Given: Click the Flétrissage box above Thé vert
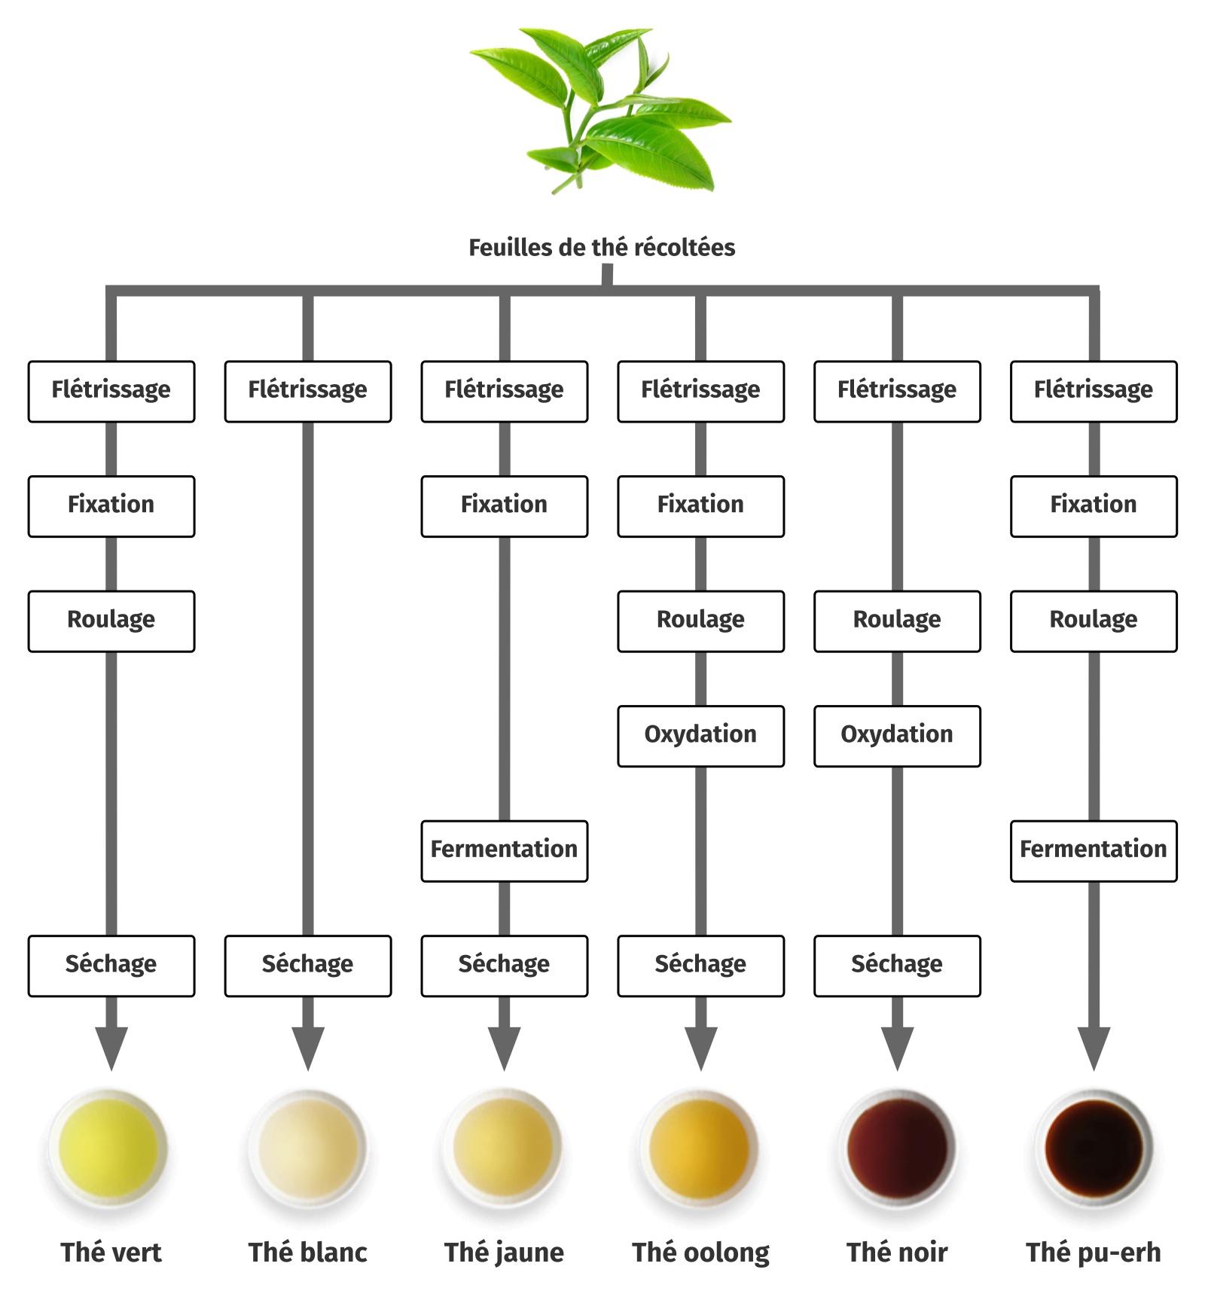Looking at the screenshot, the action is click(111, 392).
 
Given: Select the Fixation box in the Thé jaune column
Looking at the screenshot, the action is click(505, 506).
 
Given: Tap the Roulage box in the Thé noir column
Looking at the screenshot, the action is click(897, 621).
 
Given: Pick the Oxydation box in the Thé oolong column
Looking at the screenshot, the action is click(701, 736).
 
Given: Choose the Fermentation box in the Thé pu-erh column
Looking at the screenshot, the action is click(1094, 851).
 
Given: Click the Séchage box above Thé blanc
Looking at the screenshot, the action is click(308, 966).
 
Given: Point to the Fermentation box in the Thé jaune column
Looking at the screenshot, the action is click(505, 851).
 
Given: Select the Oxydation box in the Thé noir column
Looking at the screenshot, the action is click(897, 736).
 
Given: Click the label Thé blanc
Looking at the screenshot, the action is click(308, 1253).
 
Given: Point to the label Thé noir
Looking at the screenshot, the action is click(897, 1253).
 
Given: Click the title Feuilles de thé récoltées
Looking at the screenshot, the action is click(602, 247).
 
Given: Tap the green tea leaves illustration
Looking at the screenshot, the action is click(599, 110).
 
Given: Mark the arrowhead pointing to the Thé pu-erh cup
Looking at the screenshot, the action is click(1094, 1048).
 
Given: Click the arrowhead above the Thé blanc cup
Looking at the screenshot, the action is click(308, 1048).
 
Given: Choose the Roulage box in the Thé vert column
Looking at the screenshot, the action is click(111, 621).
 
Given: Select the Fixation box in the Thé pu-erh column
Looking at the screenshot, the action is click(1094, 506).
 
